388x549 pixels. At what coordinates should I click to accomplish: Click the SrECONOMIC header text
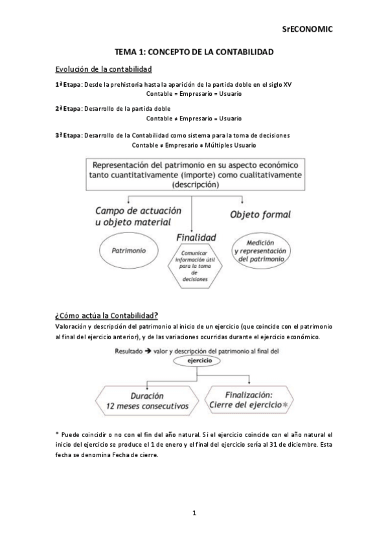pos(307,29)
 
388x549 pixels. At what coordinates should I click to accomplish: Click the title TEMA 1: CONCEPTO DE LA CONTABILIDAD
pos(194,51)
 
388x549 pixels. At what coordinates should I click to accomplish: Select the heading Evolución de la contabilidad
pos(104,69)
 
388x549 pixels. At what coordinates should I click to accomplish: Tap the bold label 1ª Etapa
pos(68,85)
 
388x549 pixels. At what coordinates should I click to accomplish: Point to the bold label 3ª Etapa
pos(68,135)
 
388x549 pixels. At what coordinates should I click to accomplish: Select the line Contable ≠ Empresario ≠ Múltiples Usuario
pos(194,145)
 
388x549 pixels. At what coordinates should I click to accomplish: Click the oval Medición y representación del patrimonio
pos(260,249)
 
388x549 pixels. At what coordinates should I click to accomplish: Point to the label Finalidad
pos(196,238)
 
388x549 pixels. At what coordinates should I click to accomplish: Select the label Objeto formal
pos(260,214)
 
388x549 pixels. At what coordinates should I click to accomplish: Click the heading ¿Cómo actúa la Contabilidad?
pos(107,315)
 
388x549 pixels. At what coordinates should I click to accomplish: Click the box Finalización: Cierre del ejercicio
pos(249,399)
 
